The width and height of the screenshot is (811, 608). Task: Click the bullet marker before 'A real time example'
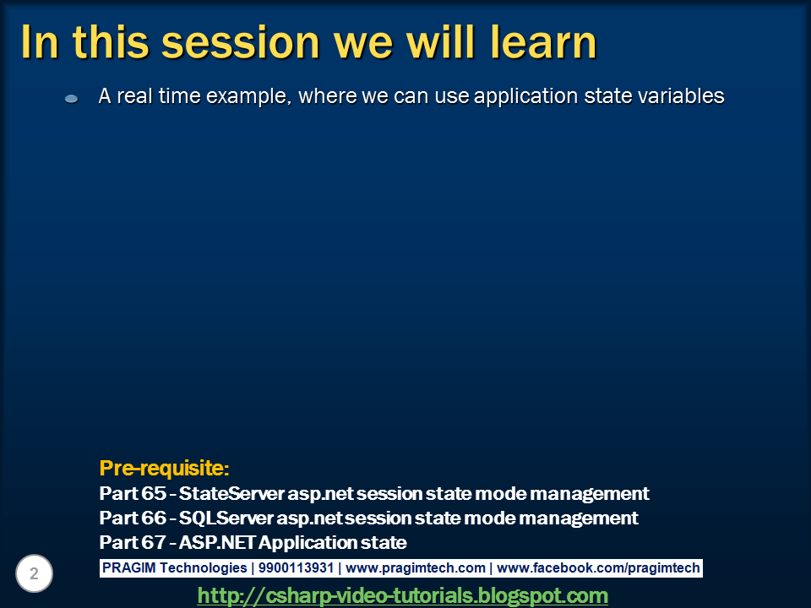(72, 99)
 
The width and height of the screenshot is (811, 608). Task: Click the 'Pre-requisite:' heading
(164, 468)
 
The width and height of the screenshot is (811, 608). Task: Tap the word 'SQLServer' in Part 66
(226, 518)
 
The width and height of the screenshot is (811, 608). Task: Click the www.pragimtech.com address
(416, 568)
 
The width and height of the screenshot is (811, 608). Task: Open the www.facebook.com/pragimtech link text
(598, 568)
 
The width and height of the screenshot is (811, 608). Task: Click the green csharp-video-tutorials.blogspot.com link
(403, 595)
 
